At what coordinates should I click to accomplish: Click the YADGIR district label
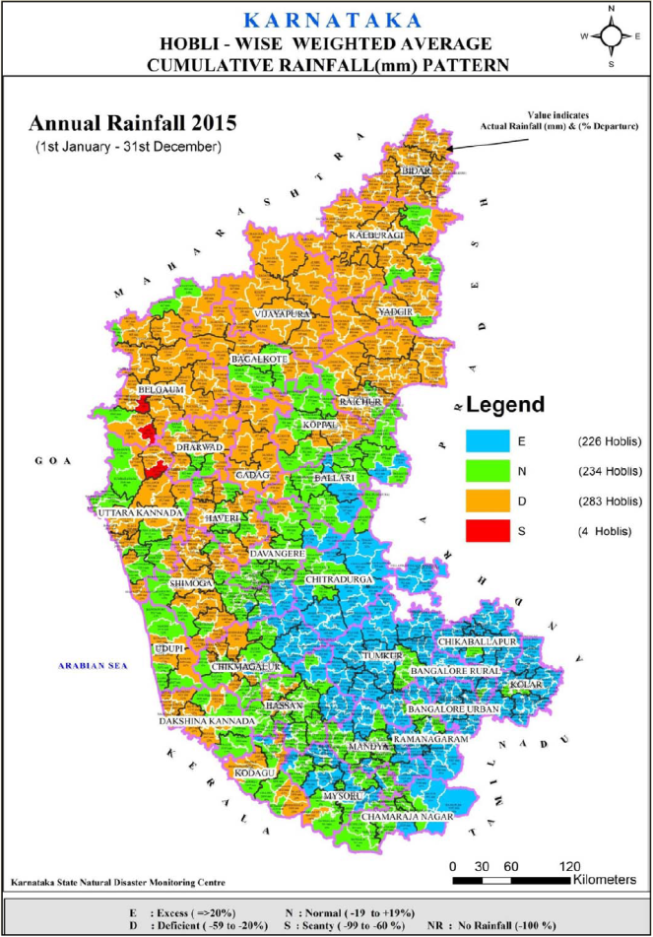(393, 312)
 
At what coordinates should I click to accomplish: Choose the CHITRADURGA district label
(340, 580)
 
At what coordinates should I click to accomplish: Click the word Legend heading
(504, 405)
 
